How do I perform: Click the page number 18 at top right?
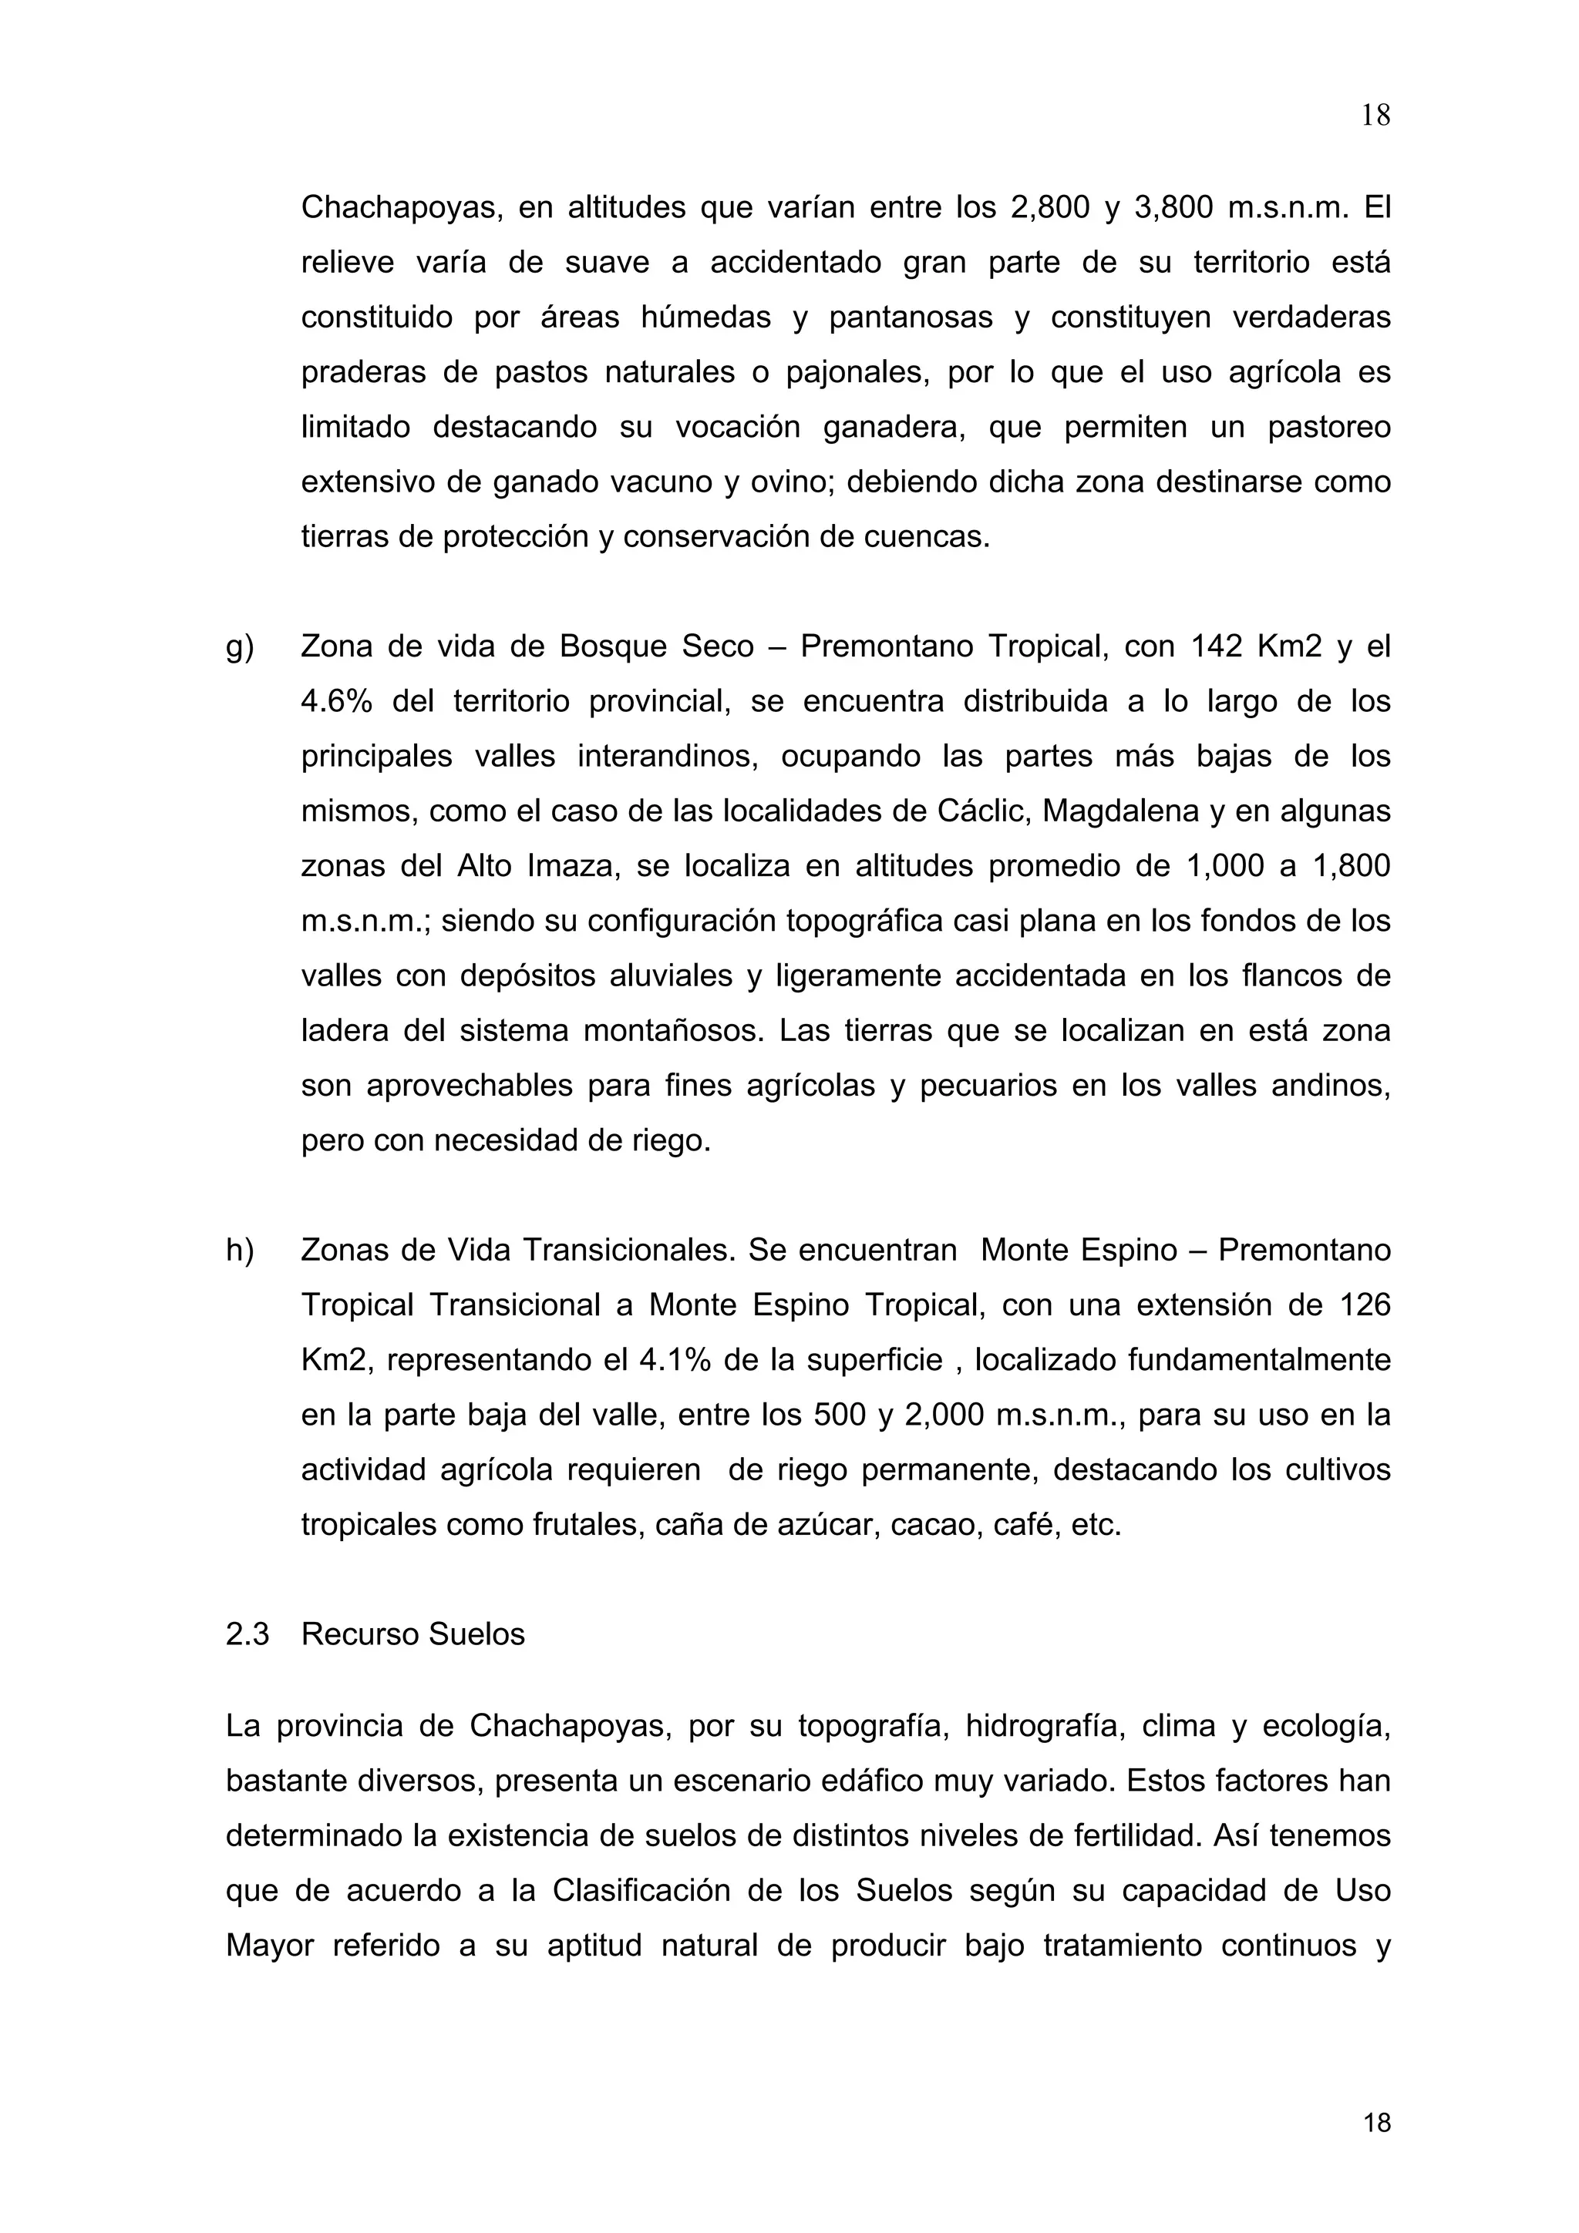1375,116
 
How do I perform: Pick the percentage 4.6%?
337,702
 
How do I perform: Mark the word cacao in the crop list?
932,1525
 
